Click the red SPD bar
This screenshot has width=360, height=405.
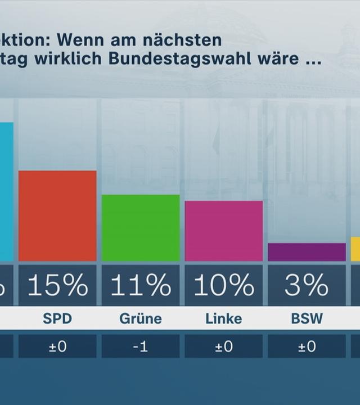(57, 216)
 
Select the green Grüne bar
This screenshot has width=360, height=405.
(141, 228)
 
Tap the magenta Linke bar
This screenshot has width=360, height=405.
(224, 231)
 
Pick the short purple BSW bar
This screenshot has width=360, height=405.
(307, 252)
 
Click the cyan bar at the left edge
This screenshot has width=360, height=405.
(6, 191)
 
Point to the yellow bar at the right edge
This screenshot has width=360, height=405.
(355, 249)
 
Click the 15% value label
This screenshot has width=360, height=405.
(57, 286)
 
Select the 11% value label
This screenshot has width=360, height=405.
(141, 286)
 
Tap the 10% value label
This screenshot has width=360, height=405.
(224, 286)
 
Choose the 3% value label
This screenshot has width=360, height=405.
(307, 286)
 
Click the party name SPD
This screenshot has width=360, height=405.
(57, 319)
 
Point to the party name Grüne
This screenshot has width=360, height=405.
(141, 319)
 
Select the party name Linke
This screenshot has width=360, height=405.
(224, 319)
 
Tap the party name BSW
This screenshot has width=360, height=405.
(307, 319)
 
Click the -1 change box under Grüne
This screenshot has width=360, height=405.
(141, 346)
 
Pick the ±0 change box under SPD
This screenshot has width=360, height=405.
(57, 346)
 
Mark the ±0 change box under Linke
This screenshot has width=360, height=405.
(224, 346)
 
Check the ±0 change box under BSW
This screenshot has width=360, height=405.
(307, 346)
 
